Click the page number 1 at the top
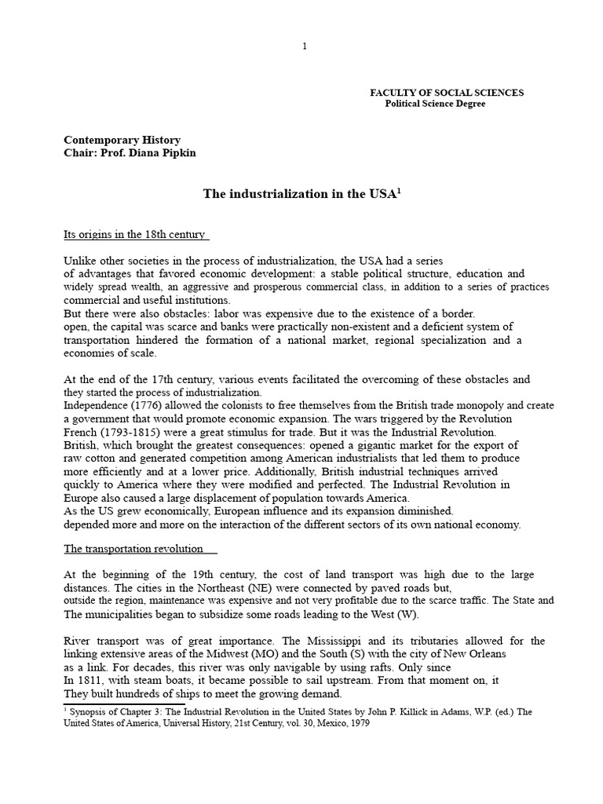tap(305, 46)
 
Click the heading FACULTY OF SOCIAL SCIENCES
tap(447, 93)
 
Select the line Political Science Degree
tap(434, 104)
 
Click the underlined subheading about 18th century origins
tap(134, 234)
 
